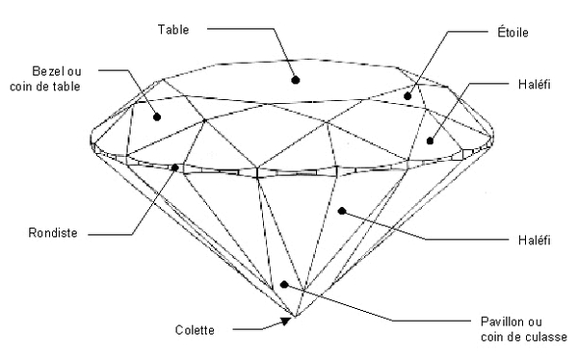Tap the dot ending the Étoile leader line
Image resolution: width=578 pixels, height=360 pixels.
coord(408,95)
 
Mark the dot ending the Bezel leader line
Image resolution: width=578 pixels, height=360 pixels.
coord(156,116)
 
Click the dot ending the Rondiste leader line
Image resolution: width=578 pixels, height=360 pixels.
coord(174,167)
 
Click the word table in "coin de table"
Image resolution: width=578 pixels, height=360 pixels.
coord(66,87)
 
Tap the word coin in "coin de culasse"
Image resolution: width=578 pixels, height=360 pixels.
coord(490,336)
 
